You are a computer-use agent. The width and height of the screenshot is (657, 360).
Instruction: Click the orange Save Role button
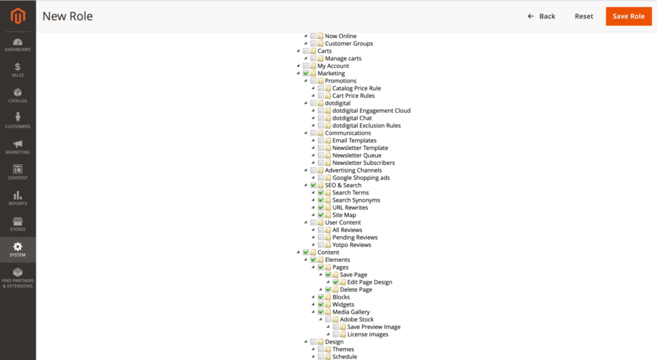(x=628, y=16)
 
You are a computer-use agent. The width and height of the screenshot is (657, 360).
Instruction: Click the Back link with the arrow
(x=541, y=16)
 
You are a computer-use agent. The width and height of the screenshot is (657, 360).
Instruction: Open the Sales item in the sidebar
(x=17, y=70)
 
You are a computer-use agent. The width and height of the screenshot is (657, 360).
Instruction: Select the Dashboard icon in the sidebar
(x=17, y=44)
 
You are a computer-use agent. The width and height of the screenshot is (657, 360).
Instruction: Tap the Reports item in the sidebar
(x=17, y=198)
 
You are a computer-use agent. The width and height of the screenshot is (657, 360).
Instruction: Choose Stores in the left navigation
(x=17, y=224)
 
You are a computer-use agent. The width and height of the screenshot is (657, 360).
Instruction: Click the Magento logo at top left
(x=17, y=15)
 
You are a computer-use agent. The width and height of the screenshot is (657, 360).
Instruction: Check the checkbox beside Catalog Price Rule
(x=321, y=88)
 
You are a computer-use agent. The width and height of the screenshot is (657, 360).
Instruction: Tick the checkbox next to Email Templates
(x=321, y=141)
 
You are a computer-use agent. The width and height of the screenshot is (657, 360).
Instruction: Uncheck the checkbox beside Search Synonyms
(x=321, y=201)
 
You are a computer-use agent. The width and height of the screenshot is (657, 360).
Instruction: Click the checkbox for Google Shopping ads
(x=321, y=178)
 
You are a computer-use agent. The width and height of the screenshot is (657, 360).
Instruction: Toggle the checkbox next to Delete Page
(x=328, y=290)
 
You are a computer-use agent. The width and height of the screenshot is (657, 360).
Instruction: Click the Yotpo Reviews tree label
(x=352, y=245)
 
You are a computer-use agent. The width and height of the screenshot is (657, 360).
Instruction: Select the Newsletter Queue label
(x=357, y=155)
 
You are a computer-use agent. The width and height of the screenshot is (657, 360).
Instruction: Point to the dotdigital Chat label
(x=352, y=118)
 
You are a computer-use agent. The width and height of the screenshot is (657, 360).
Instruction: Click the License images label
(x=368, y=335)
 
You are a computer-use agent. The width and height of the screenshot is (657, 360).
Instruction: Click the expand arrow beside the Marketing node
(x=298, y=73)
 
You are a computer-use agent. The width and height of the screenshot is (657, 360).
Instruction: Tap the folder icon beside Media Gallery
(x=328, y=312)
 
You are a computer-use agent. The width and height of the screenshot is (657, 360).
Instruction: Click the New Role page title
(x=67, y=16)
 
